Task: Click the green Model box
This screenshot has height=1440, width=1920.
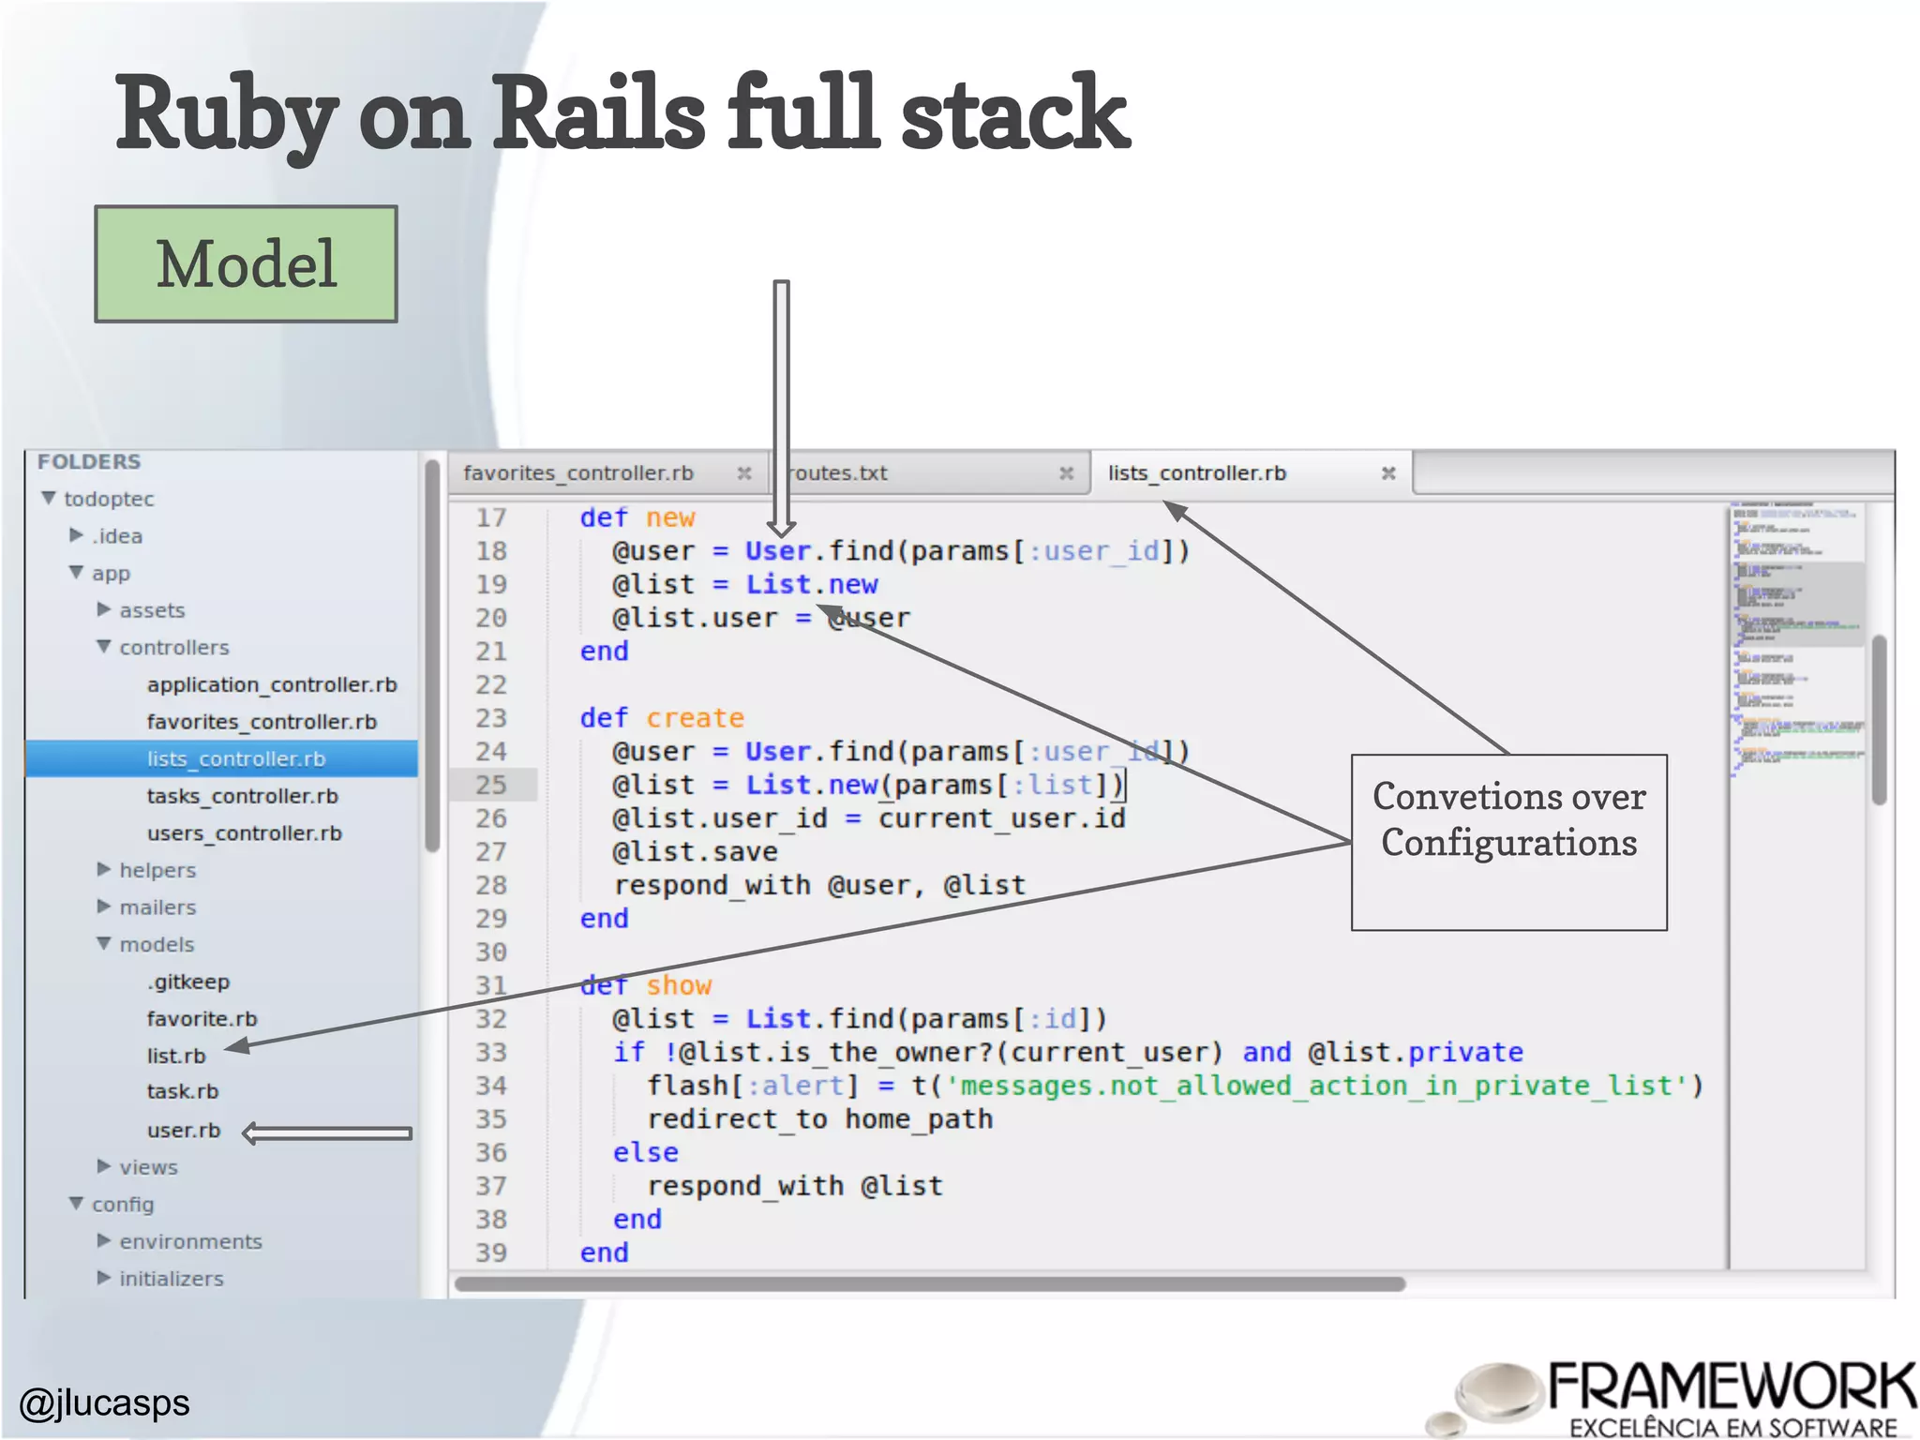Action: point(246,264)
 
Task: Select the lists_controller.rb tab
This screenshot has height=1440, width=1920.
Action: point(1196,473)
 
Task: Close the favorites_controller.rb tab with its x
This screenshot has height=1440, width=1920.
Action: point(743,473)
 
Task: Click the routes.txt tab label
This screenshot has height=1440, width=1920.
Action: point(838,473)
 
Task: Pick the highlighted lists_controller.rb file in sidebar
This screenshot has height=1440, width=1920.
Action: point(235,758)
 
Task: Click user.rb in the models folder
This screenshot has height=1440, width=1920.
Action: point(184,1131)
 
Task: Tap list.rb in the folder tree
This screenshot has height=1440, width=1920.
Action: point(176,1056)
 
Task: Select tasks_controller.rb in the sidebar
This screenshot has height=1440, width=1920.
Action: point(242,796)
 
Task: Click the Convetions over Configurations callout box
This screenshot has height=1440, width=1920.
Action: point(1508,841)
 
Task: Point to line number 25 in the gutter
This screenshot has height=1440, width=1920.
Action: point(491,785)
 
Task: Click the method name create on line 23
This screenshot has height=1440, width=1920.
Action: point(695,718)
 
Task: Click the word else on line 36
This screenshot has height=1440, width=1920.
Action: point(645,1152)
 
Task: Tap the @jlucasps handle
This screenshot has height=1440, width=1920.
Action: point(105,1402)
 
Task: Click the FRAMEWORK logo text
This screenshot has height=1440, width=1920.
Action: point(1731,1387)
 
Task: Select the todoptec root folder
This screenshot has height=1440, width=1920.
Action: point(109,499)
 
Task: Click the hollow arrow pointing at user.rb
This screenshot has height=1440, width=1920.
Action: point(327,1133)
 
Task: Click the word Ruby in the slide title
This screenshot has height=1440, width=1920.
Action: point(225,114)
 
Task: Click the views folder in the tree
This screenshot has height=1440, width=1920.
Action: point(148,1167)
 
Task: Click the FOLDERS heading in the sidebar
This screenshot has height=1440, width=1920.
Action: point(89,461)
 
